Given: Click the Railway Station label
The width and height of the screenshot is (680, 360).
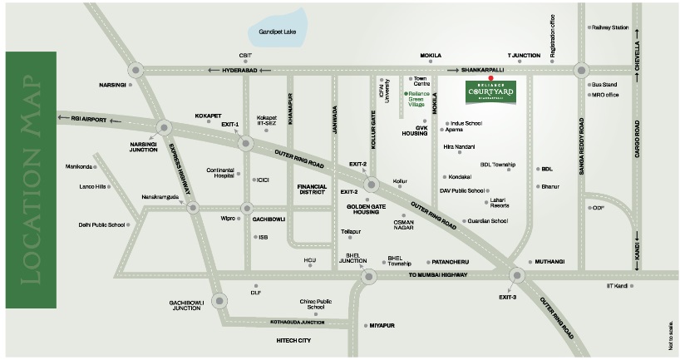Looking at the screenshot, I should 611,27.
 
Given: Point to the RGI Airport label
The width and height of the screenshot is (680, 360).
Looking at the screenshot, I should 81,120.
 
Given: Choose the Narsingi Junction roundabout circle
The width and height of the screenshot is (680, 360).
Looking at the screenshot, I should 163,127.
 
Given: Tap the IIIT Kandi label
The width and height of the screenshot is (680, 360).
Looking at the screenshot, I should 618,285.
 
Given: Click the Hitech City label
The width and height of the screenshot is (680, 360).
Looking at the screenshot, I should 293,340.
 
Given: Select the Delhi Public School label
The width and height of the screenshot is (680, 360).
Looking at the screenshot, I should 102,224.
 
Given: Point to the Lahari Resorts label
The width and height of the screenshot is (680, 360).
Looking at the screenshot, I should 500,202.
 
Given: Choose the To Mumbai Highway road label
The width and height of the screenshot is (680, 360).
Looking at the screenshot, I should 440,274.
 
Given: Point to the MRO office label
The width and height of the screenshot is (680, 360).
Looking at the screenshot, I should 605,95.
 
